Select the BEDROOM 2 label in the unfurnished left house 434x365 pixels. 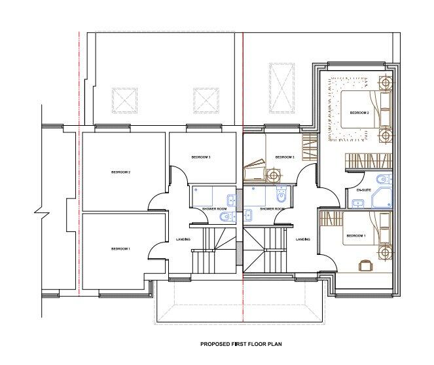point(120,172)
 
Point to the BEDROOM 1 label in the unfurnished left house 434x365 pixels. point(120,249)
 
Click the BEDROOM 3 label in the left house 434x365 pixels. point(201,157)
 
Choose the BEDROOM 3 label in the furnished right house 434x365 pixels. point(285,157)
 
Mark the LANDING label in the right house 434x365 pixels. point(302,239)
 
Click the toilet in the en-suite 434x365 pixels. point(382,179)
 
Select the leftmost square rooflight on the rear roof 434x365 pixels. point(125,100)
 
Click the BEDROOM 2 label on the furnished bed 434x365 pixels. point(359,113)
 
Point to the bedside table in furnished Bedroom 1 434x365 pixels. point(386,251)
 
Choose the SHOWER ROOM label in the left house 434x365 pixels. point(214,209)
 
